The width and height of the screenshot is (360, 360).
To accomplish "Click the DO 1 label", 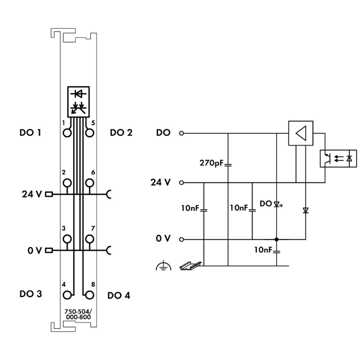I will [29, 132].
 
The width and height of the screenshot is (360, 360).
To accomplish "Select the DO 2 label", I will [121, 132].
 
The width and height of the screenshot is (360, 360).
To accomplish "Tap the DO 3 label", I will [29, 294].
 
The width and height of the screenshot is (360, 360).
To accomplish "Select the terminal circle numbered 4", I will [67, 294].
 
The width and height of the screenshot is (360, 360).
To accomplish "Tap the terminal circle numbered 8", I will [89, 294].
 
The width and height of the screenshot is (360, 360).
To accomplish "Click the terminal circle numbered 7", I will [89, 239].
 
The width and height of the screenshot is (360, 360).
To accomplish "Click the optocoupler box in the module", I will [78, 101].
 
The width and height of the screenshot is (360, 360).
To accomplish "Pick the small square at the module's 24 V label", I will [48, 194].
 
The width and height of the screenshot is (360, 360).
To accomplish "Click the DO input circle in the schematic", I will [181, 133].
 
